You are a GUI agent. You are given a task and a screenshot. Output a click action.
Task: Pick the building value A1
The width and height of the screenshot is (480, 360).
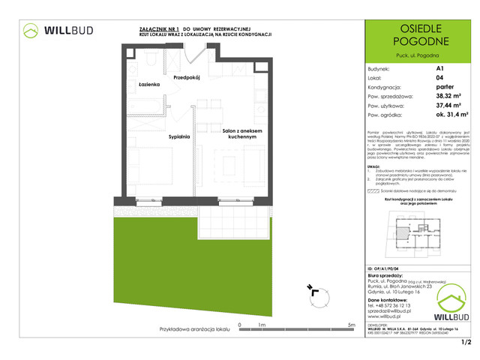pyautogui.click(x=439, y=67)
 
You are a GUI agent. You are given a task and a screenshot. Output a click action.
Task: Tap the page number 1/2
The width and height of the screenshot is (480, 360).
pyautogui.click(x=465, y=343)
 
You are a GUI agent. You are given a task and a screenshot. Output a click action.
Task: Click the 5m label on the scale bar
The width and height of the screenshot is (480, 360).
pyautogui.click(x=350, y=324)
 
